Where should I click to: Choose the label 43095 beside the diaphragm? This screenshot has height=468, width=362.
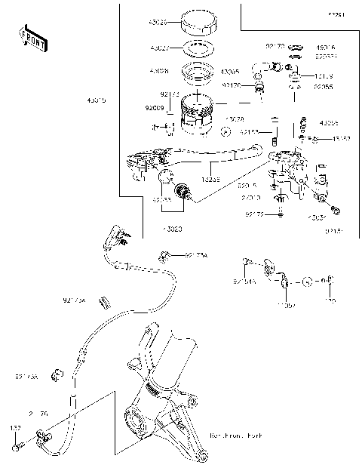(230, 72)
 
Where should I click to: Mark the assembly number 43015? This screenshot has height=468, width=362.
(97, 99)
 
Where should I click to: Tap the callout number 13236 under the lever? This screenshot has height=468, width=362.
(210, 180)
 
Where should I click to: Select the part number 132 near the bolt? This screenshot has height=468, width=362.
(14, 428)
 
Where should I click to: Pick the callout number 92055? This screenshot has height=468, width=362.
(323, 88)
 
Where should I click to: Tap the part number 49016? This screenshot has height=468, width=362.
(325, 47)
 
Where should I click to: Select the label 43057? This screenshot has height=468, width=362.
(341, 139)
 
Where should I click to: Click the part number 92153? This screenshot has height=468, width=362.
(250, 131)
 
